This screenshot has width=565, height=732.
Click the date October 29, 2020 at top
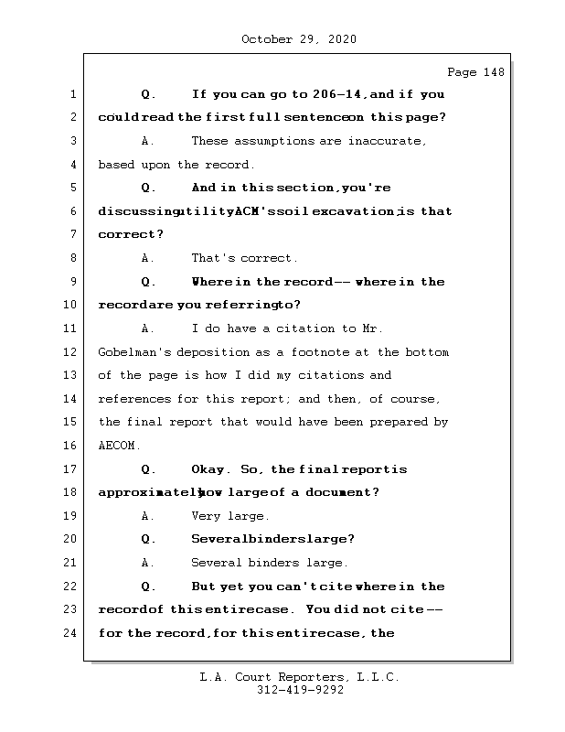click(x=299, y=39)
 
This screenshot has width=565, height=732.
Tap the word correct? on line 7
click(x=124, y=235)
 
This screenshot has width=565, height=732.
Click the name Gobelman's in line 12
click(x=133, y=352)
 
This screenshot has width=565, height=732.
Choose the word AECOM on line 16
click(x=116, y=446)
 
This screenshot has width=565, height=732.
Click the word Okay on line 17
click(x=209, y=469)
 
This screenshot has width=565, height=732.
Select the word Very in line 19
click(x=206, y=516)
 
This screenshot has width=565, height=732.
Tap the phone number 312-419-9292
click(x=300, y=691)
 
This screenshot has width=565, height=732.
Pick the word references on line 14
click(x=133, y=399)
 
